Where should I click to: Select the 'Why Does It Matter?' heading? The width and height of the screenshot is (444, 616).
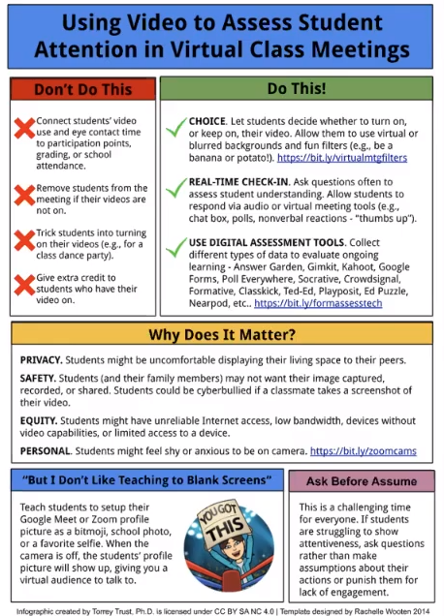pyautogui.click(x=222, y=336)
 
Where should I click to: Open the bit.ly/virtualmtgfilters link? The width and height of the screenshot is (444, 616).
pyautogui.click(x=341, y=156)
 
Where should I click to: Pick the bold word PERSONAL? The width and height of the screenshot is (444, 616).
pyautogui.click(x=45, y=449)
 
